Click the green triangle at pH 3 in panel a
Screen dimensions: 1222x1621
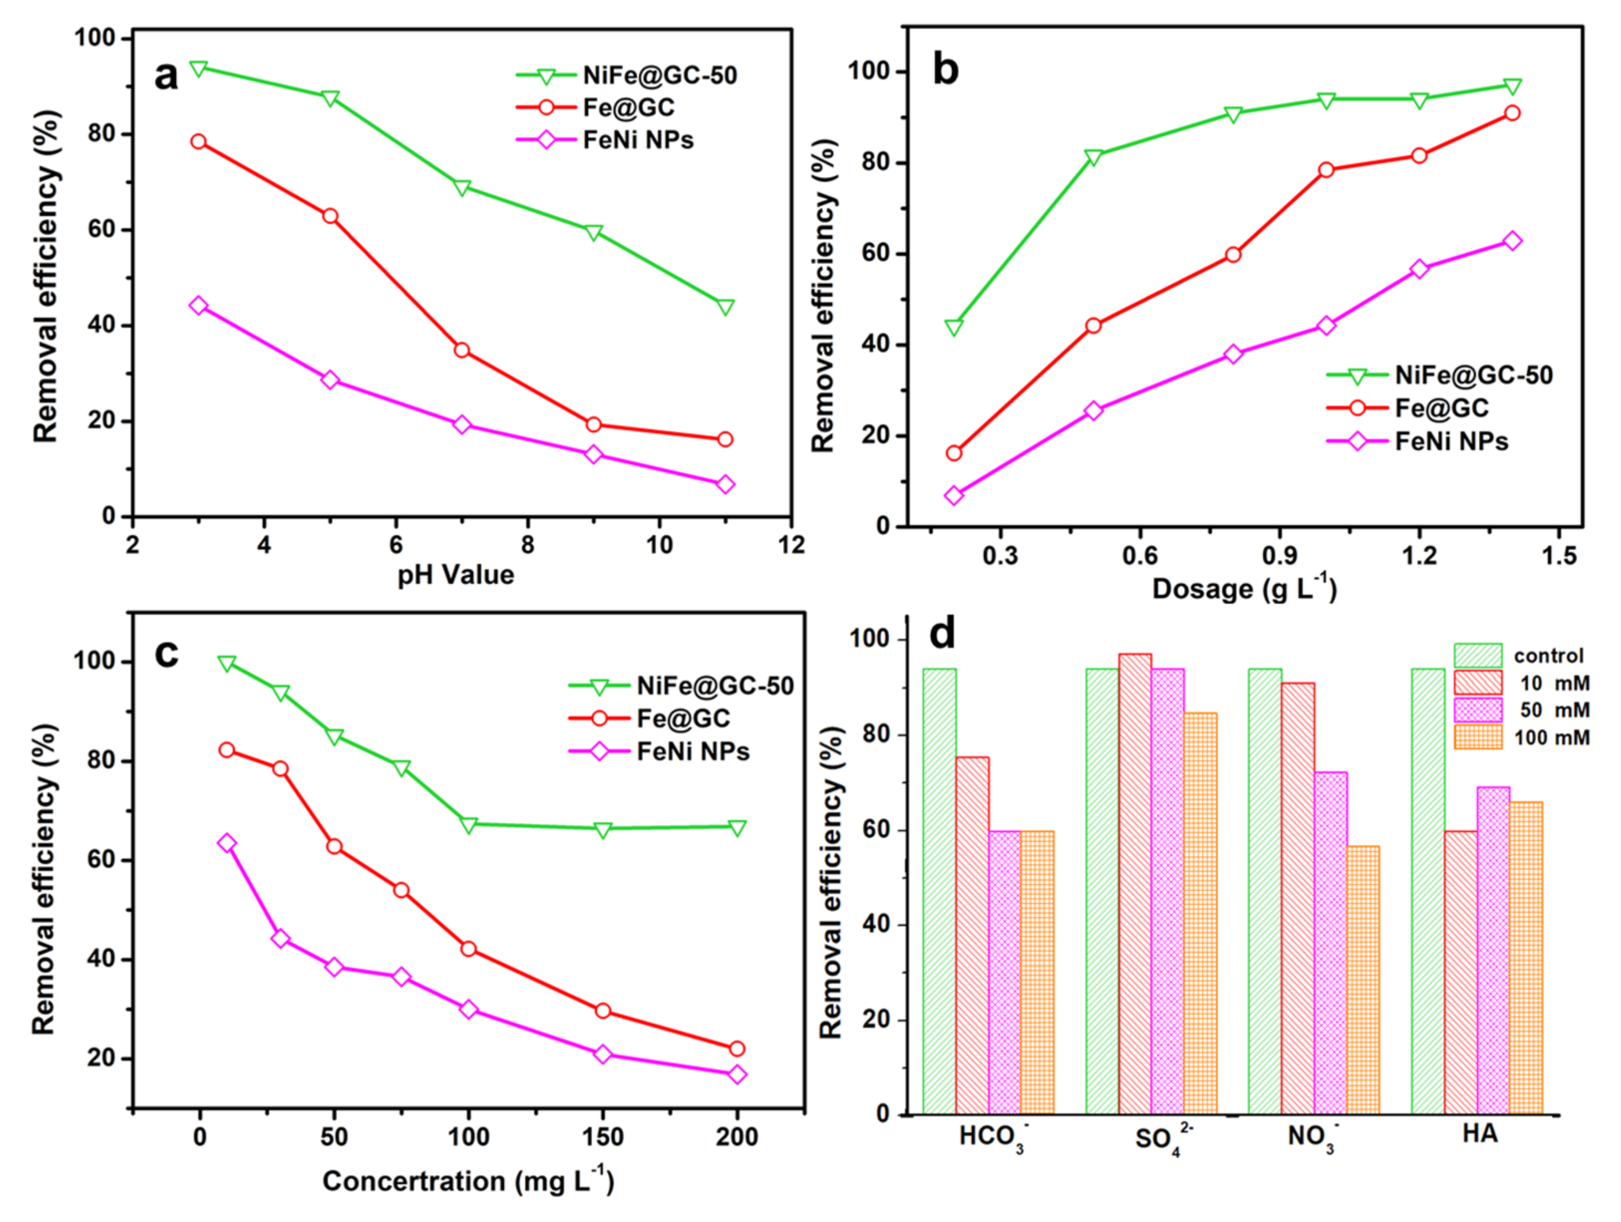coord(198,69)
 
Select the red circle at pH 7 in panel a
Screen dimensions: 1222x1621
coord(461,350)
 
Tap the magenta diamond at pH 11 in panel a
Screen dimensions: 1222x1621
coord(726,484)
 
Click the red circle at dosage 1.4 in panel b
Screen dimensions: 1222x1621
coord(1512,113)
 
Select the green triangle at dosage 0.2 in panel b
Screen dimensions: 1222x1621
coord(953,327)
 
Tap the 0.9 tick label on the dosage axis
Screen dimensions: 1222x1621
coord(1280,556)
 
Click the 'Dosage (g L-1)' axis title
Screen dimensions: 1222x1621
coord(1244,589)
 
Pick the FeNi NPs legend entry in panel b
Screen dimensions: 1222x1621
coord(1451,441)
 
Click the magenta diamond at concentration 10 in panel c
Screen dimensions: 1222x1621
coord(227,843)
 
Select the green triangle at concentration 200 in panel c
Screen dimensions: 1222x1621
coord(737,828)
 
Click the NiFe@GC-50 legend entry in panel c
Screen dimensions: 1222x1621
coord(715,686)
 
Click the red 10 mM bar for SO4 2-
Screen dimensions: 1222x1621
coord(1135,883)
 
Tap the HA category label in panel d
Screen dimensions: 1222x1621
coord(1480,1134)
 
